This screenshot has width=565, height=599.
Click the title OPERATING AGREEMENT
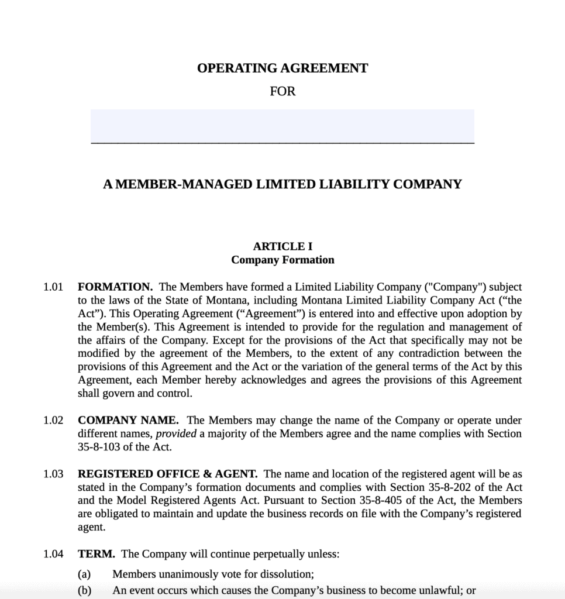282,68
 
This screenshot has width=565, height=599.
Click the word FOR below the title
282,92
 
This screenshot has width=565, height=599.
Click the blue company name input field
282,125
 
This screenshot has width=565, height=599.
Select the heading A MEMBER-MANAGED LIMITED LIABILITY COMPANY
282,185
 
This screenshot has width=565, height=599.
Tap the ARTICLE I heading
282,247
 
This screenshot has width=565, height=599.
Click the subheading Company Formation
282,260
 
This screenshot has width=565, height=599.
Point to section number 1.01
53,287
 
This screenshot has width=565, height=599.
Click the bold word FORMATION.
115,287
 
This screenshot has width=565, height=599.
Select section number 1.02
53,421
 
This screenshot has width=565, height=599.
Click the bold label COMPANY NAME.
128,421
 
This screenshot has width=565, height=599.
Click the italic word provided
177,434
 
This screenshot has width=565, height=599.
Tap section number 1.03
53,474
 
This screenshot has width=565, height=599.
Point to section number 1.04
53,554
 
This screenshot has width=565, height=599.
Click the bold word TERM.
97,554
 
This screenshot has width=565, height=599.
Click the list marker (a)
84,574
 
